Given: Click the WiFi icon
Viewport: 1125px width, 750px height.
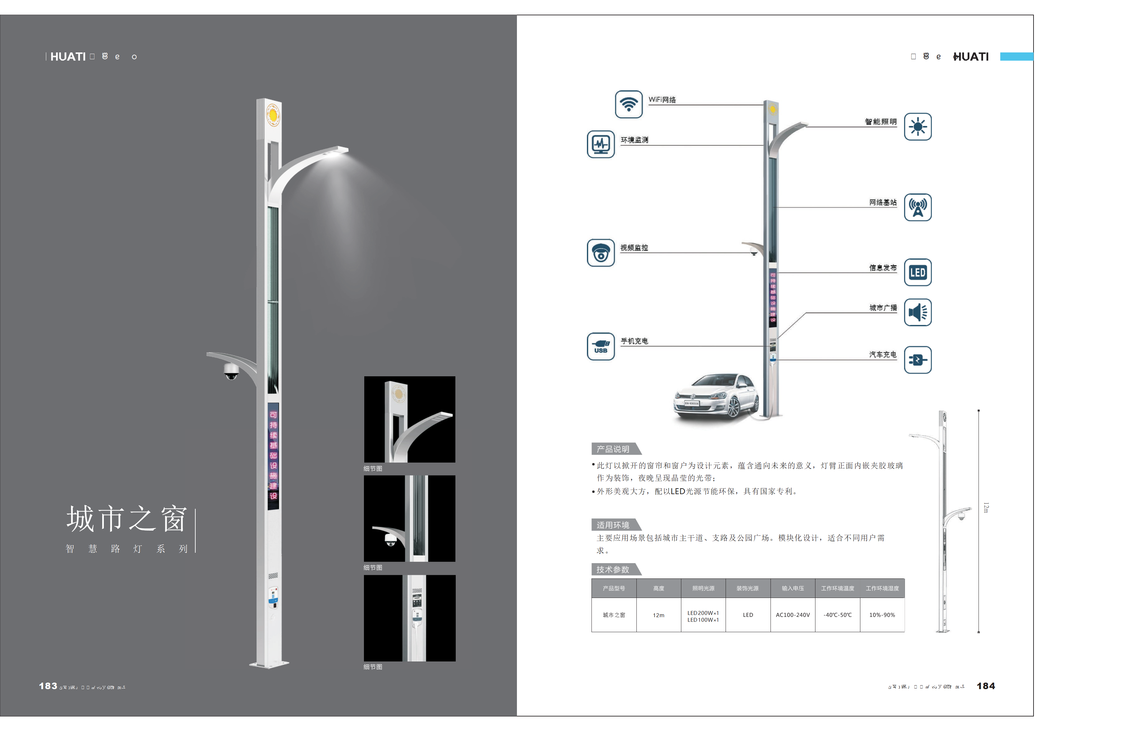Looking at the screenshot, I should [x=629, y=104].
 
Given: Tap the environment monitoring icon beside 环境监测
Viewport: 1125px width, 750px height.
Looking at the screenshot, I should [x=601, y=144].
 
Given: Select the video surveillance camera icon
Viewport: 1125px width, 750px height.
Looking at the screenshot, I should [x=601, y=253].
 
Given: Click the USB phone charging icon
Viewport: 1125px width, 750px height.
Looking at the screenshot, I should [x=601, y=346].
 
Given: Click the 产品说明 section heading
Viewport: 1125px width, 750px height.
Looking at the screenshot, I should [x=613, y=449].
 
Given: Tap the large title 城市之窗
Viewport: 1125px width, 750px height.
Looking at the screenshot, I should [x=126, y=519].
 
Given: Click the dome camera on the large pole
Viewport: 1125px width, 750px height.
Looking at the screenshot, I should [x=231, y=371].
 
